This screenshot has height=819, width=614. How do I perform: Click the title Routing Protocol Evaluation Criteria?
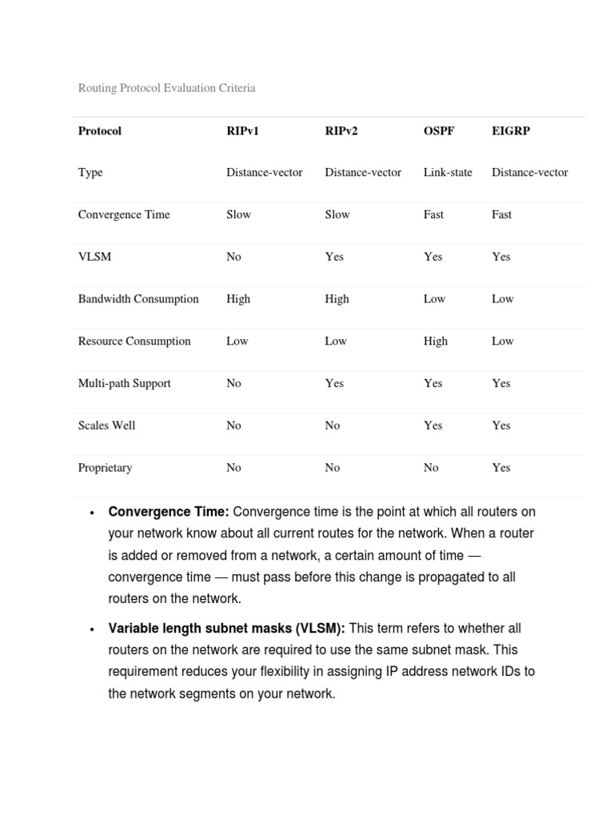166,88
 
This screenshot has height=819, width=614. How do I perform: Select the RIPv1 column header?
242,130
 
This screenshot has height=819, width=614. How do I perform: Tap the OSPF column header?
439,130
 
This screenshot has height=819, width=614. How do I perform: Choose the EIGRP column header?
511,130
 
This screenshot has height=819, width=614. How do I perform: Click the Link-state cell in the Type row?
448,173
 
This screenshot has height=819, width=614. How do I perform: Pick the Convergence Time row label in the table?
124,214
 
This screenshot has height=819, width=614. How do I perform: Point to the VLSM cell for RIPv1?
233,257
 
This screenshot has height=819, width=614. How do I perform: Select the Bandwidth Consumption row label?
138,299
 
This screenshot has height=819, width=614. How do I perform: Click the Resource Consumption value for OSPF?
436,342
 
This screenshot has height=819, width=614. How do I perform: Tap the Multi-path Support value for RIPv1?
233,383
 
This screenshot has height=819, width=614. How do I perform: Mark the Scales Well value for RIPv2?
333,425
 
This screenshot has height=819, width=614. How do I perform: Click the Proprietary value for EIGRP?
501,468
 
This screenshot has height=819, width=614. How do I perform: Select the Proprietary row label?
105,468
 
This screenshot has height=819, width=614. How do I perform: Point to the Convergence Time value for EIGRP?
502,214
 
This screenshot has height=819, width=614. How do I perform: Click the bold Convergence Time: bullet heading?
169,512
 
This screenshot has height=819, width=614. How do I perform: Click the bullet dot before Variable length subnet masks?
94,629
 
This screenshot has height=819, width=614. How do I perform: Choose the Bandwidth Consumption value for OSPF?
435,299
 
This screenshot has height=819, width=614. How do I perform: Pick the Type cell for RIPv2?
363,173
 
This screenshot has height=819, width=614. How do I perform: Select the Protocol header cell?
100,130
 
